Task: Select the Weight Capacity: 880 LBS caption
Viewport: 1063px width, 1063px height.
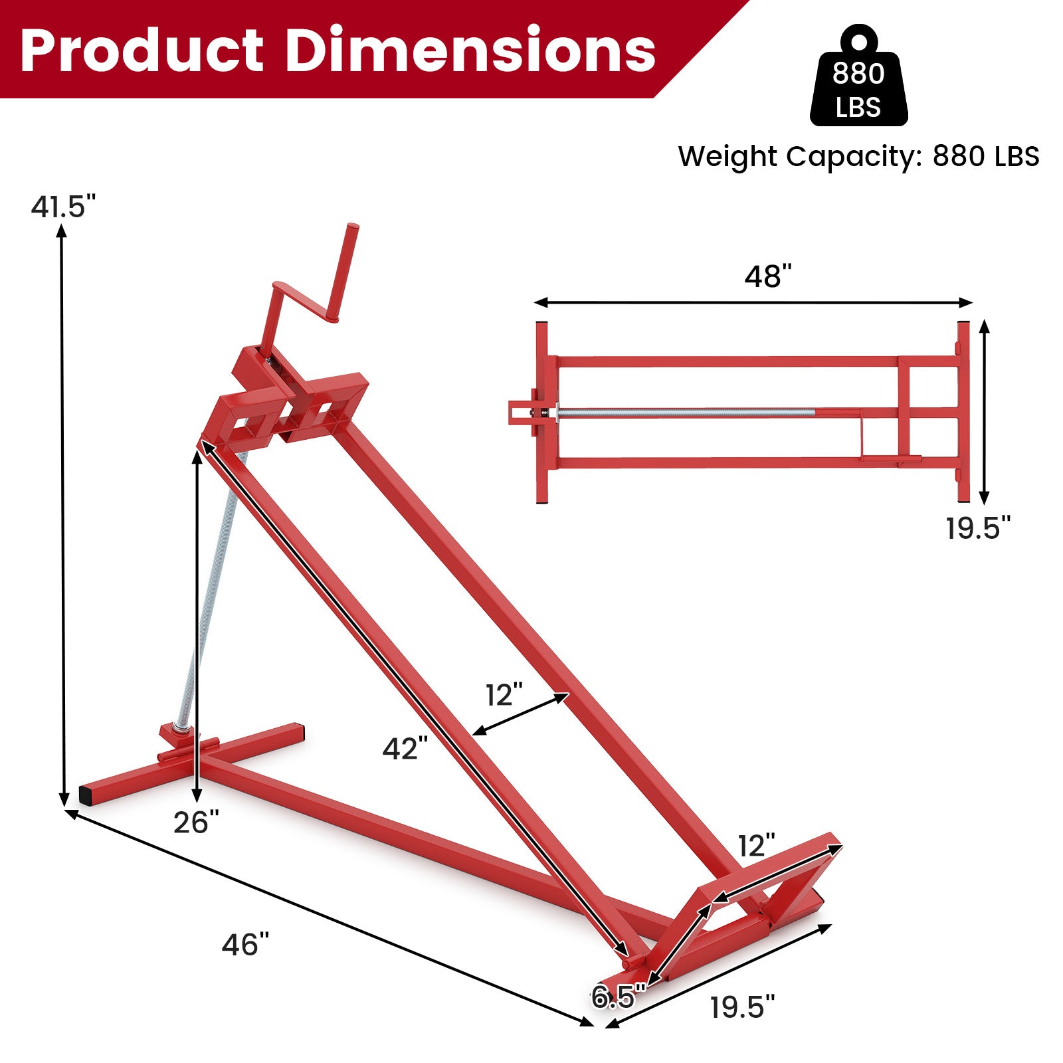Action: click(x=858, y=157)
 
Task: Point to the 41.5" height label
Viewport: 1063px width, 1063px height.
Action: click(x=64, y=207)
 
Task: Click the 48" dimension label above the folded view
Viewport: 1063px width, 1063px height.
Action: click(x=768, y=276)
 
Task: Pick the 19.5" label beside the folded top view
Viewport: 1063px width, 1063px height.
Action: click(x=978, y=528)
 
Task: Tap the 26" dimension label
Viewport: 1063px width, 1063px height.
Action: click(x=196, y=822)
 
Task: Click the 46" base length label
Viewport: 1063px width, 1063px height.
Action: click(x=245, y=944)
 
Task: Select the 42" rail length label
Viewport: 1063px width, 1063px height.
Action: click(x=405, y=749)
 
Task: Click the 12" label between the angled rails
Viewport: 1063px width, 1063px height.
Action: click(x=504, y=696)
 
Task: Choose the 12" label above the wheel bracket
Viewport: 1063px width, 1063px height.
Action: click(x=757, y=846)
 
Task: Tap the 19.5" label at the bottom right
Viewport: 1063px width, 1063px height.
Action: click(x=742, y=1007)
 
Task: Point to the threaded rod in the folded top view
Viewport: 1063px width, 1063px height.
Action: click(x=684, y=413)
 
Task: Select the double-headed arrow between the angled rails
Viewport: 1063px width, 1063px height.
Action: click(x=521, y=715)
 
